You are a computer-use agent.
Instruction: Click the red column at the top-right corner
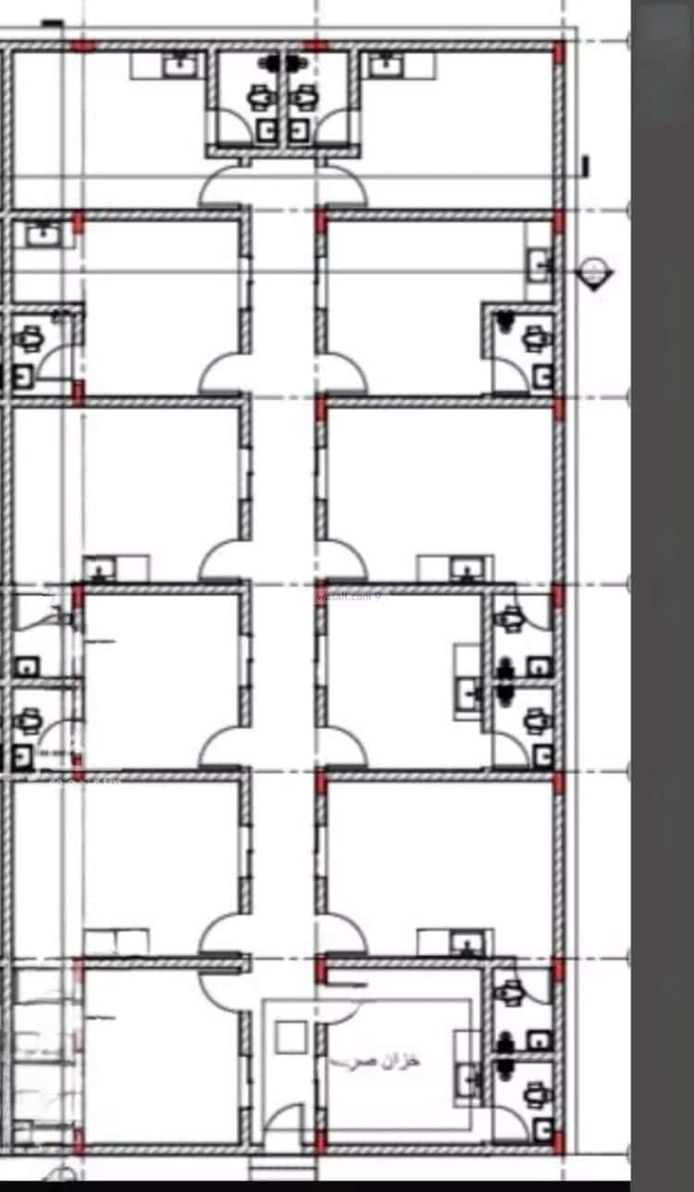(559, 51)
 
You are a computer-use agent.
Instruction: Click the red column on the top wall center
(316, 45)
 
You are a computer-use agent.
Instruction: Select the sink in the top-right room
(381, 65)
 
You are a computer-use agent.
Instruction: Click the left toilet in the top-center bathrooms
(262, 95)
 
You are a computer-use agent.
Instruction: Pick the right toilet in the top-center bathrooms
(303, 95)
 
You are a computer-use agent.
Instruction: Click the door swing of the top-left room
(222, 185)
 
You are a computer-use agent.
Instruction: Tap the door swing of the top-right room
(344, 185)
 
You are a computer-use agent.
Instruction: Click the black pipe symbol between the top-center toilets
(282, 63)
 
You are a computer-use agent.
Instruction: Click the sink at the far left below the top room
(41, 235)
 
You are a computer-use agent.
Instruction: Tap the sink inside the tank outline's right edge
(468, 1078)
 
